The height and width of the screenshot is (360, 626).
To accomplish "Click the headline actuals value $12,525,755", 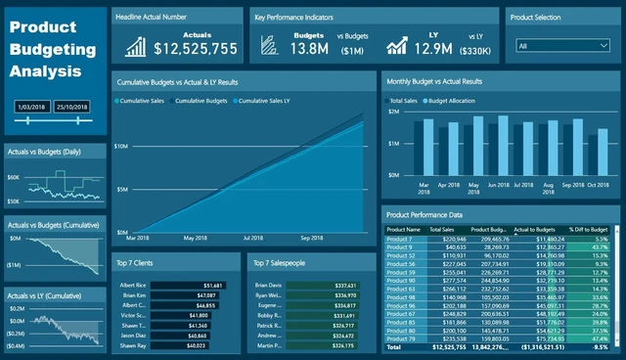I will [x=195, y=48].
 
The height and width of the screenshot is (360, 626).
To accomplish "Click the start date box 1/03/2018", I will [x=32, y=106].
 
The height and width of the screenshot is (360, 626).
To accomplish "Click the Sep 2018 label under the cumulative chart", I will [x=311, y=238].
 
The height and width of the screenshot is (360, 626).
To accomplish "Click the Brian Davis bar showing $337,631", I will [x=332, y=285].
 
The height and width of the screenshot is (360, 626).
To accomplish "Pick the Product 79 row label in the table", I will [x=401, y=337].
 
